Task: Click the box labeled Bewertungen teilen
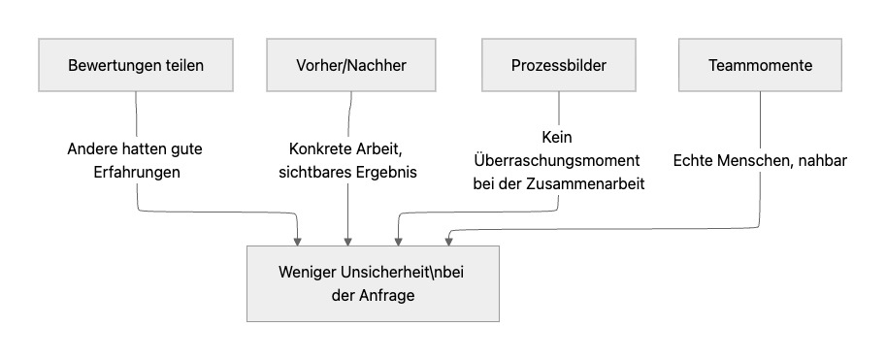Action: (x=137, y=66)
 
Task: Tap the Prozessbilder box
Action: (x=559, y=66)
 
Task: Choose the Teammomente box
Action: (x=760, y=66)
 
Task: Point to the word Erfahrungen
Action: (x=138, y=172)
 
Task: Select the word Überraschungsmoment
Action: (x=558, y=161)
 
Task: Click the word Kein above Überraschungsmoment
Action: (x=559, y=139)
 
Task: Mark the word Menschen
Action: (x=757, y=161)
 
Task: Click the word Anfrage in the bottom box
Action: (x=386, y=295)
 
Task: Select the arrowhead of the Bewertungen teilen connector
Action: (x=297, y=239)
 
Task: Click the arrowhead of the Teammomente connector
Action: (x=447, y=239)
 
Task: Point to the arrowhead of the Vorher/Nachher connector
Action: (x=347, y=239)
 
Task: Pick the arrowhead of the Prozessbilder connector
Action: (x=398, y=239)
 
